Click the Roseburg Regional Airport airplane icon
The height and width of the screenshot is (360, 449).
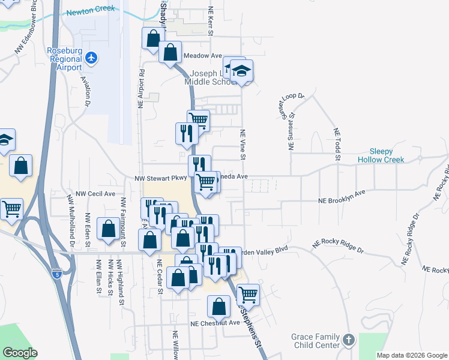(91, 58)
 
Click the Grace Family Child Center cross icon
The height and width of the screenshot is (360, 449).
(349, 340)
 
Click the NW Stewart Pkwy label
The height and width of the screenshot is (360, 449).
(160, 178)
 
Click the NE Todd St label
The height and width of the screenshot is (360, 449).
(337, 145)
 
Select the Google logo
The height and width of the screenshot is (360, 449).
(20, 353)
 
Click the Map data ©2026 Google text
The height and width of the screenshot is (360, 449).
(412, 355)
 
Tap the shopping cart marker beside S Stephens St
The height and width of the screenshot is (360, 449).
(248, 295)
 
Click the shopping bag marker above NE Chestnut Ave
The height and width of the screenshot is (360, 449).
(218, 307)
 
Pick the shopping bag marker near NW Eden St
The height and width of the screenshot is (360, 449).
(109, 229)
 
